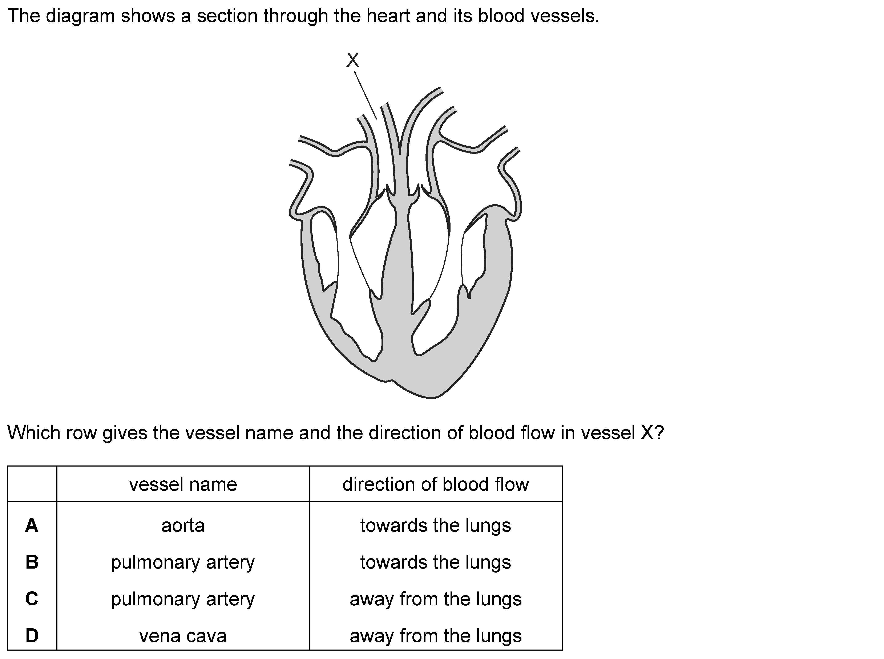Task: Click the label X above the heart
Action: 352,60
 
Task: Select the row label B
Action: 32,562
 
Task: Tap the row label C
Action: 32,599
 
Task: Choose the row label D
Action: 32,636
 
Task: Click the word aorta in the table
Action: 183,526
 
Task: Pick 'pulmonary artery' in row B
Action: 183,563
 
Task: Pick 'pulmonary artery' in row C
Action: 183,599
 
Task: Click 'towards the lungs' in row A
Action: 435,526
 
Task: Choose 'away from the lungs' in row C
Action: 435,599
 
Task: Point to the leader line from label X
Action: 365,95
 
